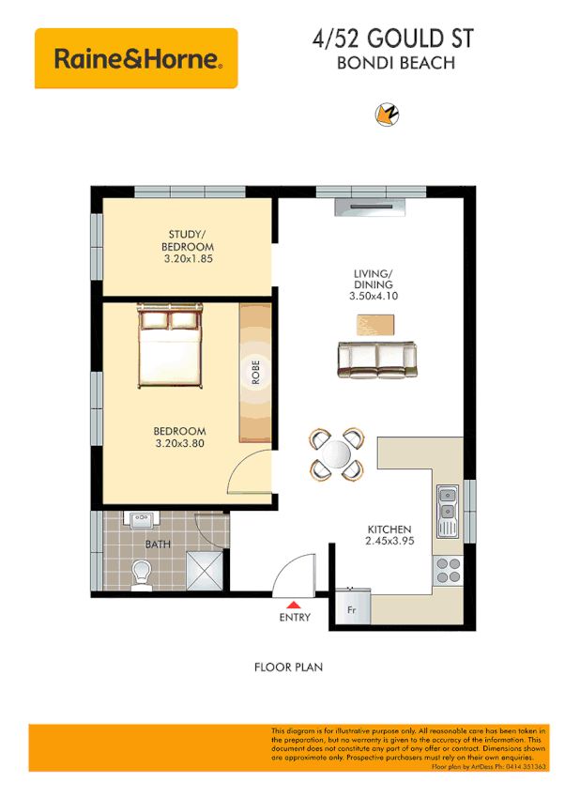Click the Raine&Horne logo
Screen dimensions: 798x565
pos(136,59)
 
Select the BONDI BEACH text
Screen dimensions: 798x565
pos(395,65)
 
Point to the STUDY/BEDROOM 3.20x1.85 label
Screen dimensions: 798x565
pos(191,245)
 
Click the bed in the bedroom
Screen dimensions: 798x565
pos(170,348)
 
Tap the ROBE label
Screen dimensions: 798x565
pos(254,372)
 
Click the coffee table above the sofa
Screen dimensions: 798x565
pos(375,325)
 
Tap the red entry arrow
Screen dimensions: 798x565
pos(294,605)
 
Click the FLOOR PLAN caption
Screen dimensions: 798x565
pos(288,668)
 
